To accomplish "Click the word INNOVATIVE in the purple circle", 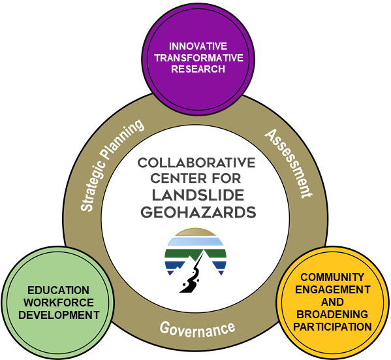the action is click(x=198, y=46).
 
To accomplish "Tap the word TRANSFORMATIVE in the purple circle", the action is click(x=198, y=57).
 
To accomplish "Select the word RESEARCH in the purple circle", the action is click(x=198, y=69).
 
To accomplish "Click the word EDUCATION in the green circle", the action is click(x=58, y=290).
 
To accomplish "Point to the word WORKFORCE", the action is click(x=59, y=303).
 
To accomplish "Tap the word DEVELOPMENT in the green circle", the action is click(x=59, y=315).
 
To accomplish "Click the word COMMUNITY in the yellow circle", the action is click(x=332, y=277).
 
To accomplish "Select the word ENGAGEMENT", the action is click(x=333, y=289).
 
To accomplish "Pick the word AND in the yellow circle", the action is click(x=332, y=302).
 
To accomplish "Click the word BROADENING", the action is click(x=332, y=314).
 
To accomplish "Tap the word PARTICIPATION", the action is click(x=333, y=327).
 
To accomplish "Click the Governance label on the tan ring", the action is click(x=197, y=329).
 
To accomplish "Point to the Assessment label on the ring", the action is click(x=289, y=163).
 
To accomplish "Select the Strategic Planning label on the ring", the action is click(x=112, y=165).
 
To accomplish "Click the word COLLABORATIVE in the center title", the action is click(x=196, y=163).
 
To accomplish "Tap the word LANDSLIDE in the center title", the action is click(x=198, y=195).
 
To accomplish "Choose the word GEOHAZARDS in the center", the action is click(x=198, y=212).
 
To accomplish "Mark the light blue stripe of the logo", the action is click(x=195, y=241).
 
